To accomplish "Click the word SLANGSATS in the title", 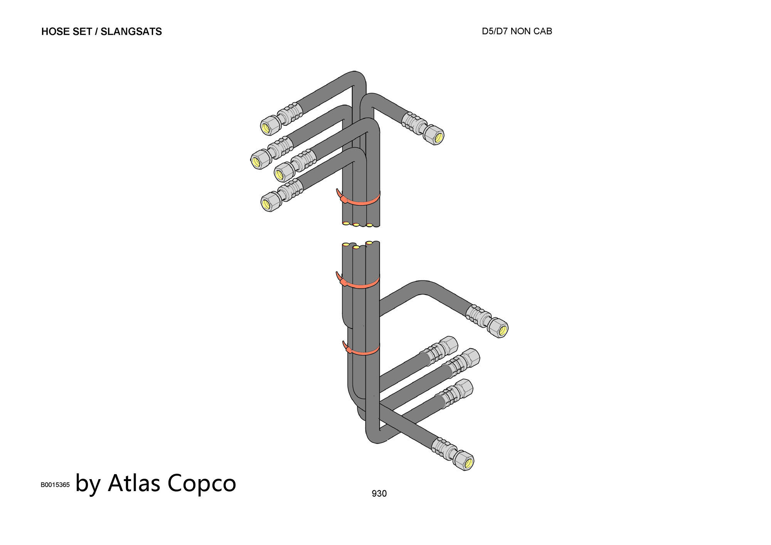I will tap(131, 32).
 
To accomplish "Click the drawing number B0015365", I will tap(55, 485).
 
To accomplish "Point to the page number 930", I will tap(379, 493).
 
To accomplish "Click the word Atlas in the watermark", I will tap(134, 483).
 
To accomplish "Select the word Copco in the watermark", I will tap(202, 483).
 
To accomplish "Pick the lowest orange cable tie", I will tap(362, 351).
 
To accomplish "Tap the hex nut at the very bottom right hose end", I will tap(464, 461).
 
